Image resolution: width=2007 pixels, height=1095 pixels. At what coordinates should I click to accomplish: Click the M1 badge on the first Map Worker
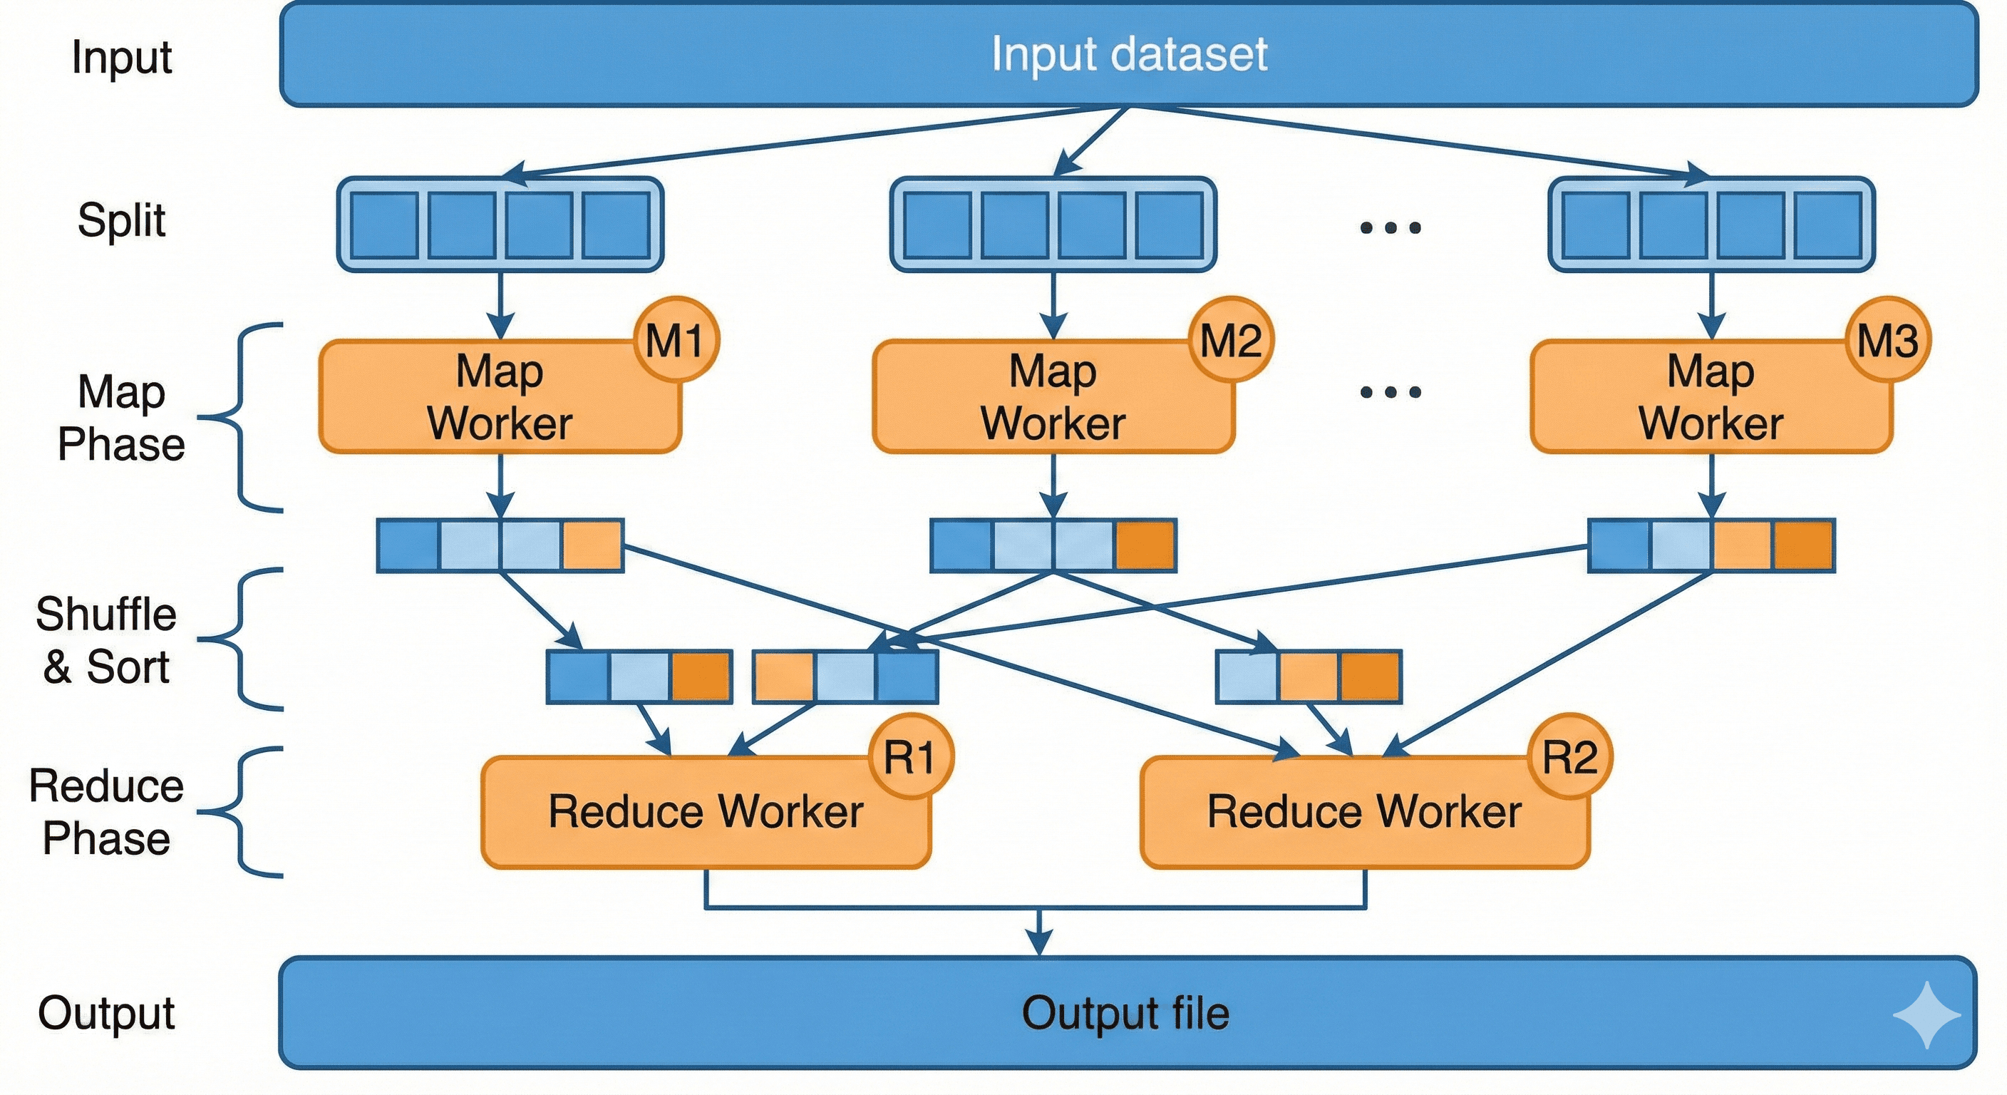tap(676, 340)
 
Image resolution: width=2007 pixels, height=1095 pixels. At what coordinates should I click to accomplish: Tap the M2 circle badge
tap(1230, 340)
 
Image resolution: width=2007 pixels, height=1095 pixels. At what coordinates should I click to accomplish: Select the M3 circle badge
tap(1888, 340)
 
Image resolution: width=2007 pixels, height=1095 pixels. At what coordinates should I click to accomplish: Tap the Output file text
tap(1125, 1013)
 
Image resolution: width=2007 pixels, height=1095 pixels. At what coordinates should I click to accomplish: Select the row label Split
tap(122, 220)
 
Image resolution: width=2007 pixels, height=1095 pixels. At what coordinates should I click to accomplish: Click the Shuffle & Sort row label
tap(106, 641)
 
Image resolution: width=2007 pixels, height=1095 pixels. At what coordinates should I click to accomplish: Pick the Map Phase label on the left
tap(122, 418)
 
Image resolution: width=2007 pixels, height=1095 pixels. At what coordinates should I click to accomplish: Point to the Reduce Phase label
tap(106, 812)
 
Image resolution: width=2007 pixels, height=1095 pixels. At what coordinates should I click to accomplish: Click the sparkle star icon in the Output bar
tap(1926, 1015)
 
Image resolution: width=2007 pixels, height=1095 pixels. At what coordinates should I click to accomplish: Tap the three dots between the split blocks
tap(1390, 227)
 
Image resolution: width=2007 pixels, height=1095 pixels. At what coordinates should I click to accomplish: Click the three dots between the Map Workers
tap(1390, 391)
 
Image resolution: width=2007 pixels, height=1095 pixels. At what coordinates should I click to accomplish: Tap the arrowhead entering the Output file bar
tap(1038, 943)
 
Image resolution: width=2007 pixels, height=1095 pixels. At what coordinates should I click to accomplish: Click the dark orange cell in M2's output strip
tap(1145, 545)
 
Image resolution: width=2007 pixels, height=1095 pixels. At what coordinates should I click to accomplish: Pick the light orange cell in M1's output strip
tap(592, 545)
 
